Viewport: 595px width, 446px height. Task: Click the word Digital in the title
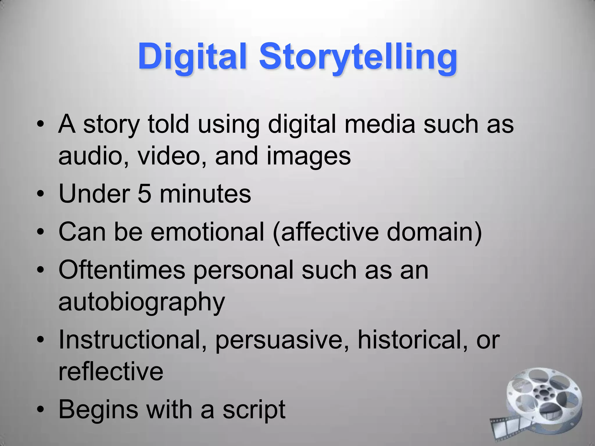pos(192,57)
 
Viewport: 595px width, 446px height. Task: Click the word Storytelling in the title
pos(358,57)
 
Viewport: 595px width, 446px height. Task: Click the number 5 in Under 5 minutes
pos(144,194)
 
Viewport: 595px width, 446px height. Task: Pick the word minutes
pos(205,194)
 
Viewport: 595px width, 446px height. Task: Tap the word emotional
pos(207,232)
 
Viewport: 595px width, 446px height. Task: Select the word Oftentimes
pos(122,270)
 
